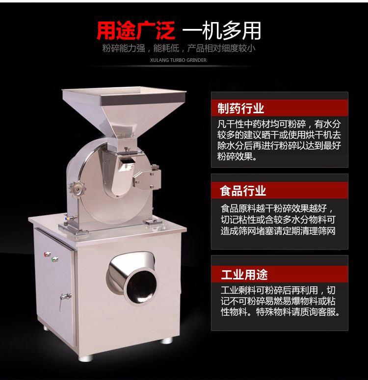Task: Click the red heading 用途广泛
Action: point(136,30)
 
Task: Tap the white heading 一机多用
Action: point(222,30)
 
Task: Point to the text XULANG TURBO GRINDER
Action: point(178,60)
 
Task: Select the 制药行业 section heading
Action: point(240,108)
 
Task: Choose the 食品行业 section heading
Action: point(243,190)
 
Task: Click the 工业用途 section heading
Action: point(244,275)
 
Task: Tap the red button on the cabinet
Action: point(47,254)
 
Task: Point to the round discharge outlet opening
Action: point(141,288)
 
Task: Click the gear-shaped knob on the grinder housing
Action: point(78,189)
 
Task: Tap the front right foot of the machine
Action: point(166,340)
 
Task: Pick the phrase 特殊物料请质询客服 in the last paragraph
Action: point(298,312)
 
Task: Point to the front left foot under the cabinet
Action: point(85,358)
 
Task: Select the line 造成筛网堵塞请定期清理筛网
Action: point(278,231)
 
